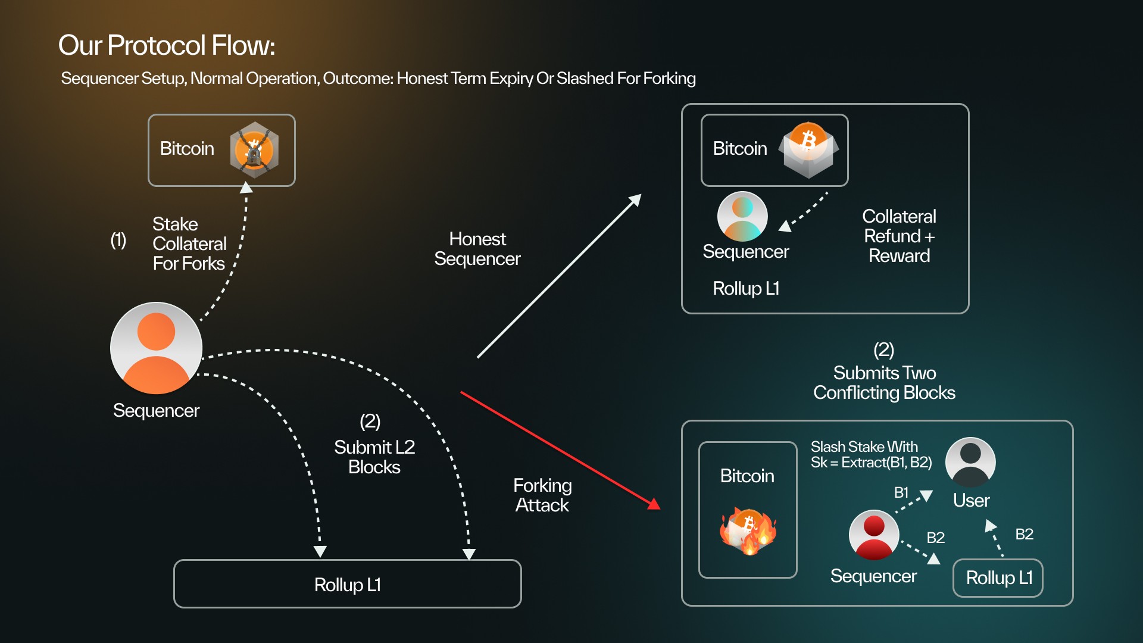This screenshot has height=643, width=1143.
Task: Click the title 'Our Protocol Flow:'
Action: coord(167,45)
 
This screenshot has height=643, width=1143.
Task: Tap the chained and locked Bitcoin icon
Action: coord(254,150)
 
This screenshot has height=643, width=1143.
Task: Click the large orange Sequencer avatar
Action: coord(156,348)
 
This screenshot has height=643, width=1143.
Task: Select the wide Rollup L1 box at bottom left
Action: coord(347,584)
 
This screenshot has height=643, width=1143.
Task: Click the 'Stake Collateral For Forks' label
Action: coord(189,244)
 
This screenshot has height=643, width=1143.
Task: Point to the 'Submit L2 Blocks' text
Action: coord(374,457)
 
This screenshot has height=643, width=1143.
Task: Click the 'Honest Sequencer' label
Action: coord(477,249)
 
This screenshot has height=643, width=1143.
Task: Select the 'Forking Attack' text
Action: coord(542,495)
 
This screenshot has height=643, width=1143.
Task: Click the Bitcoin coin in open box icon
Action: coord(808,150)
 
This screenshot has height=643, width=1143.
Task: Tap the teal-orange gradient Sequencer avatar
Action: coord(742,216)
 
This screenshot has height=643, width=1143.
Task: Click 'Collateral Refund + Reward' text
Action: coord(899,236)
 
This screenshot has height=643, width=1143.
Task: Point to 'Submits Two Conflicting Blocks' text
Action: coord(884,382)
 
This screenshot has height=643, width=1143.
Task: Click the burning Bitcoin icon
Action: coord(749,531)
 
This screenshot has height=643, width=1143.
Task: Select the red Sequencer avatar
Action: coord(873,535)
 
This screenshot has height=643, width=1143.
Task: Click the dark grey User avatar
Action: coord(970,462)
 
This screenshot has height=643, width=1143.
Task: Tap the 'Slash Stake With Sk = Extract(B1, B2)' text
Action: coord(871,455)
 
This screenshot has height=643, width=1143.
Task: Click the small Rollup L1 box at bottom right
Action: coord(998,578)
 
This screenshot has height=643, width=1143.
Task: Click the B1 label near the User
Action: coord(901,492)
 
